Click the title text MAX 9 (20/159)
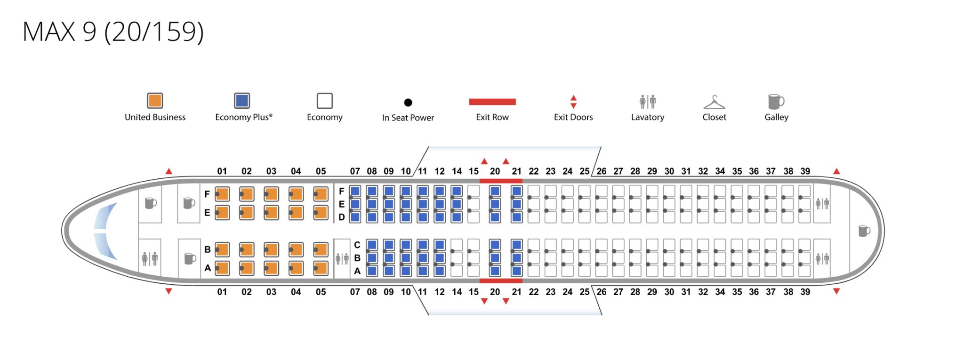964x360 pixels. [113, 32]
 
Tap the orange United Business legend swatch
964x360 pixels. [155, 101]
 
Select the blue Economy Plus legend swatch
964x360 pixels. [242, 101]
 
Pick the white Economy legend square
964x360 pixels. [325, 101]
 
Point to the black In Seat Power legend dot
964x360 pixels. [408, 103]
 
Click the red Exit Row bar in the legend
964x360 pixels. [492, 102]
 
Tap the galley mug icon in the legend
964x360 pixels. [776, 101]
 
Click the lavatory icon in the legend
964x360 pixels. [648, 101]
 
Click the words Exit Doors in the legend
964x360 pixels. [573, 117]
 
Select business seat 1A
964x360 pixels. [222, 268]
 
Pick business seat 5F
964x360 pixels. [321, 194]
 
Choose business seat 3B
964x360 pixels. [271, 249]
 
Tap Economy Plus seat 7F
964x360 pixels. [355, 191]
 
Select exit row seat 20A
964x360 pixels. [495, 271]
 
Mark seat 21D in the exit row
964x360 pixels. [517, 217]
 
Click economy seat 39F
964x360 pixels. [804, 191]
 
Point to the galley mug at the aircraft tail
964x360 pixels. [864, 231]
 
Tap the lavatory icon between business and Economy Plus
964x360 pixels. [342, 258]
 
